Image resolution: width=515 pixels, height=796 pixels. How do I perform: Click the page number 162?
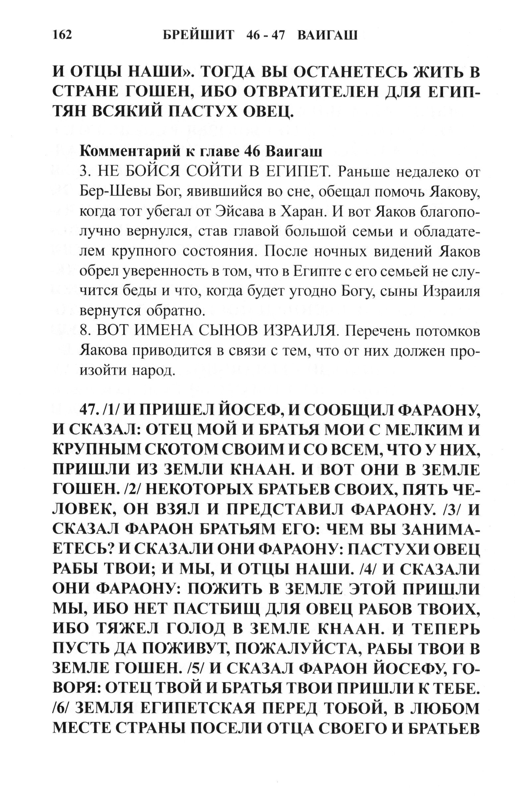[x=62, y=35]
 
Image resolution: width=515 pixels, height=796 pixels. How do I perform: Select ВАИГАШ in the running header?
[x=327, y=35]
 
